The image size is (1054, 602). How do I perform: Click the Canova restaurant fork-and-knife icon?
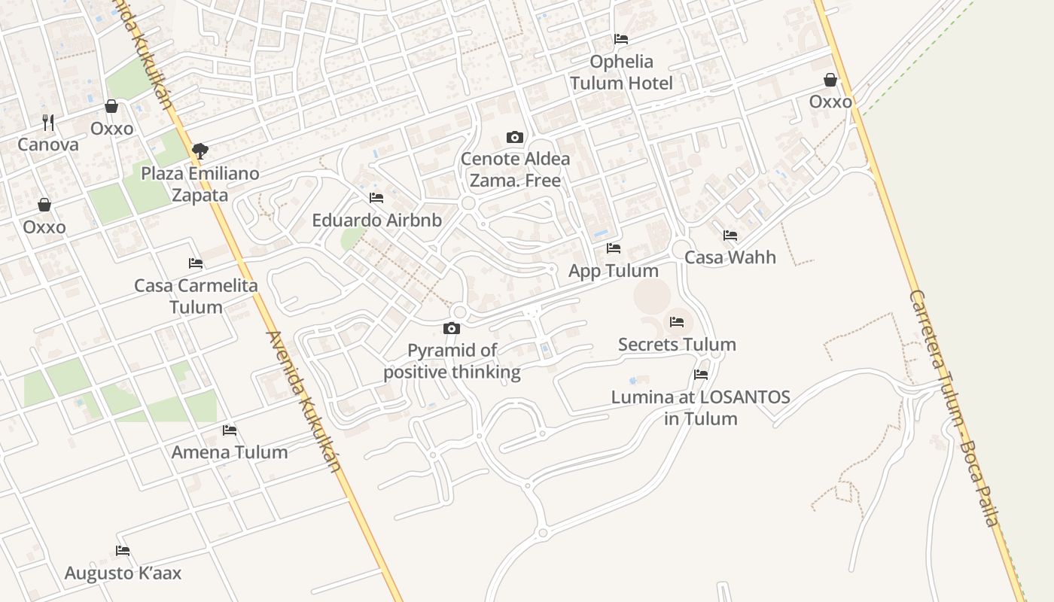(48, 122)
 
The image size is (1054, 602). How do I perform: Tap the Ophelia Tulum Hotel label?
(621, 72)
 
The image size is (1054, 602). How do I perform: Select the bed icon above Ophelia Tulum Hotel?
(621, 39)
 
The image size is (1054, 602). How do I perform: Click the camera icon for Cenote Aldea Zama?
(515, 137)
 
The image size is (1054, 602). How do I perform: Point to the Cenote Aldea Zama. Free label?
(515, 170)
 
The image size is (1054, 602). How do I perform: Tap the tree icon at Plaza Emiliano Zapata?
(200, 151)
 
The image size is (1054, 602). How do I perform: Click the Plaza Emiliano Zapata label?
(200, 184)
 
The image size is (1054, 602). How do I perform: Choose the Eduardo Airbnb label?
(376, 220)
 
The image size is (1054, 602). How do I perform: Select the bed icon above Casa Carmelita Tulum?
(196, 263)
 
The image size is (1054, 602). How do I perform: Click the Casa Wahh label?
(730, 257)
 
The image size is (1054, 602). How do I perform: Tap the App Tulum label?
(613, 271)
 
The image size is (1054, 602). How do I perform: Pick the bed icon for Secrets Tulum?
(677, 322)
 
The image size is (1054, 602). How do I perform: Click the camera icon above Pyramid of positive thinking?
(452, 328)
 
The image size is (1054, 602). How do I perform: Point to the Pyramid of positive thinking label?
(452, 361)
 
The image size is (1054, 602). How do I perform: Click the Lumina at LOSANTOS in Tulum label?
(700, 407)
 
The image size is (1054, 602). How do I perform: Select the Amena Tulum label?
(230, 452)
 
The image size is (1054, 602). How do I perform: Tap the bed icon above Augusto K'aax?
(123, 551)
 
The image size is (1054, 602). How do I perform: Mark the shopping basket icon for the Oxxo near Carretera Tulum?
(830, 80)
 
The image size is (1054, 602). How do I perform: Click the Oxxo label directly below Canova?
(44, 227)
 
